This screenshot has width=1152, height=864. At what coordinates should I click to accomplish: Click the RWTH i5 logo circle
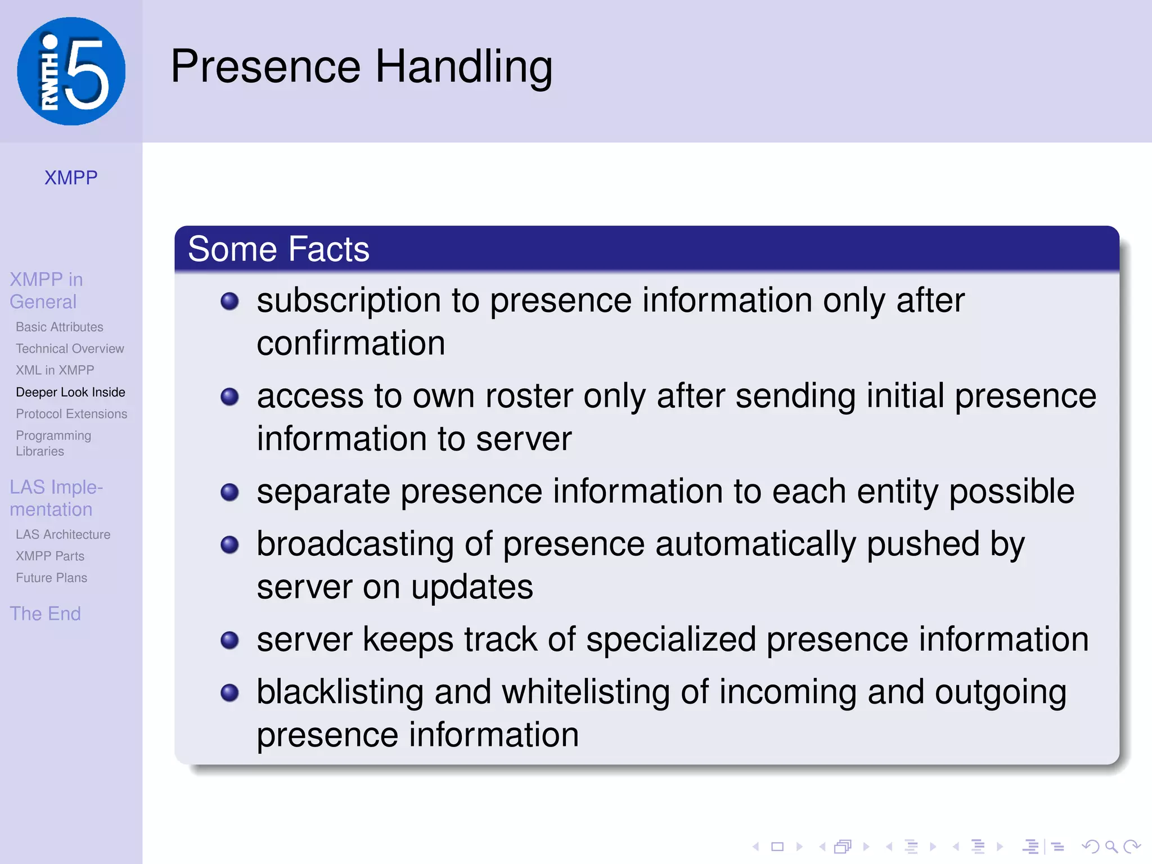(x=71, y=71)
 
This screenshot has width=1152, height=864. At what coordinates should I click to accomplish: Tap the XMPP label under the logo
(x=71, y=178)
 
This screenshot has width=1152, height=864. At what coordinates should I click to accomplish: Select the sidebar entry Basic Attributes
(x=60, y=327)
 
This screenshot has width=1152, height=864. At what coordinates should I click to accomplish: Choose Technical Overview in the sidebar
(x=70, y=349)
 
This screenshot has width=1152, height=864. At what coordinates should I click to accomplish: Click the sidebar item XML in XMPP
(x=55, y=370)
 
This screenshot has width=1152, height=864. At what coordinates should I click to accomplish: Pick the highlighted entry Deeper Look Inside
(x=70, y=392)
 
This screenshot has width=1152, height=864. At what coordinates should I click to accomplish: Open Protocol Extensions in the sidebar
(x=71, y=414)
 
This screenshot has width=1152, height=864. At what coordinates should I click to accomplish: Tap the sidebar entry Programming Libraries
(x=53, y=443)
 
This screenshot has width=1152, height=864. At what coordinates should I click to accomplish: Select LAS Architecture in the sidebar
(x=63, y=534)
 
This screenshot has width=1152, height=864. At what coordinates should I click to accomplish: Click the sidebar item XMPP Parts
(x=50, y=556)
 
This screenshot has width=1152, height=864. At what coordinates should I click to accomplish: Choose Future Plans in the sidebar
(x=51, y=578)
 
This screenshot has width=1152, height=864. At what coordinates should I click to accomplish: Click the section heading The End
(x=45, y=613)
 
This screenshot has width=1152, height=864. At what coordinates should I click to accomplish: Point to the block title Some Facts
(x=278, y=249)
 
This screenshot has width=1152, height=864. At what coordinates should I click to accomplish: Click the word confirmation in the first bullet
(x=351, y=343)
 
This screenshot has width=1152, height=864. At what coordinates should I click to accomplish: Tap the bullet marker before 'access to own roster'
(x=229, y=397)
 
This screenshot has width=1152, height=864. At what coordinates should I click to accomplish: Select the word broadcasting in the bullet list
(x=355, y=544)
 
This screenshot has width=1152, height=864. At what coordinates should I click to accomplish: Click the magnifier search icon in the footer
(x=1111, y=847)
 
